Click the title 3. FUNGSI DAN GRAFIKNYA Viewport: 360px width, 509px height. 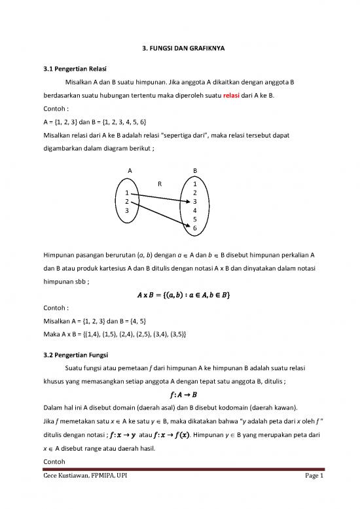coord(179,48)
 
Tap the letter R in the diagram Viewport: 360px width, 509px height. coord(160,184)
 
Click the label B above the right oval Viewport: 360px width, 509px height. coord(195,171)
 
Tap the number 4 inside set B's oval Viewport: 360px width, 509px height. coord(195,210)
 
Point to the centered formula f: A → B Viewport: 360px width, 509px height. coord(179,394)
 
